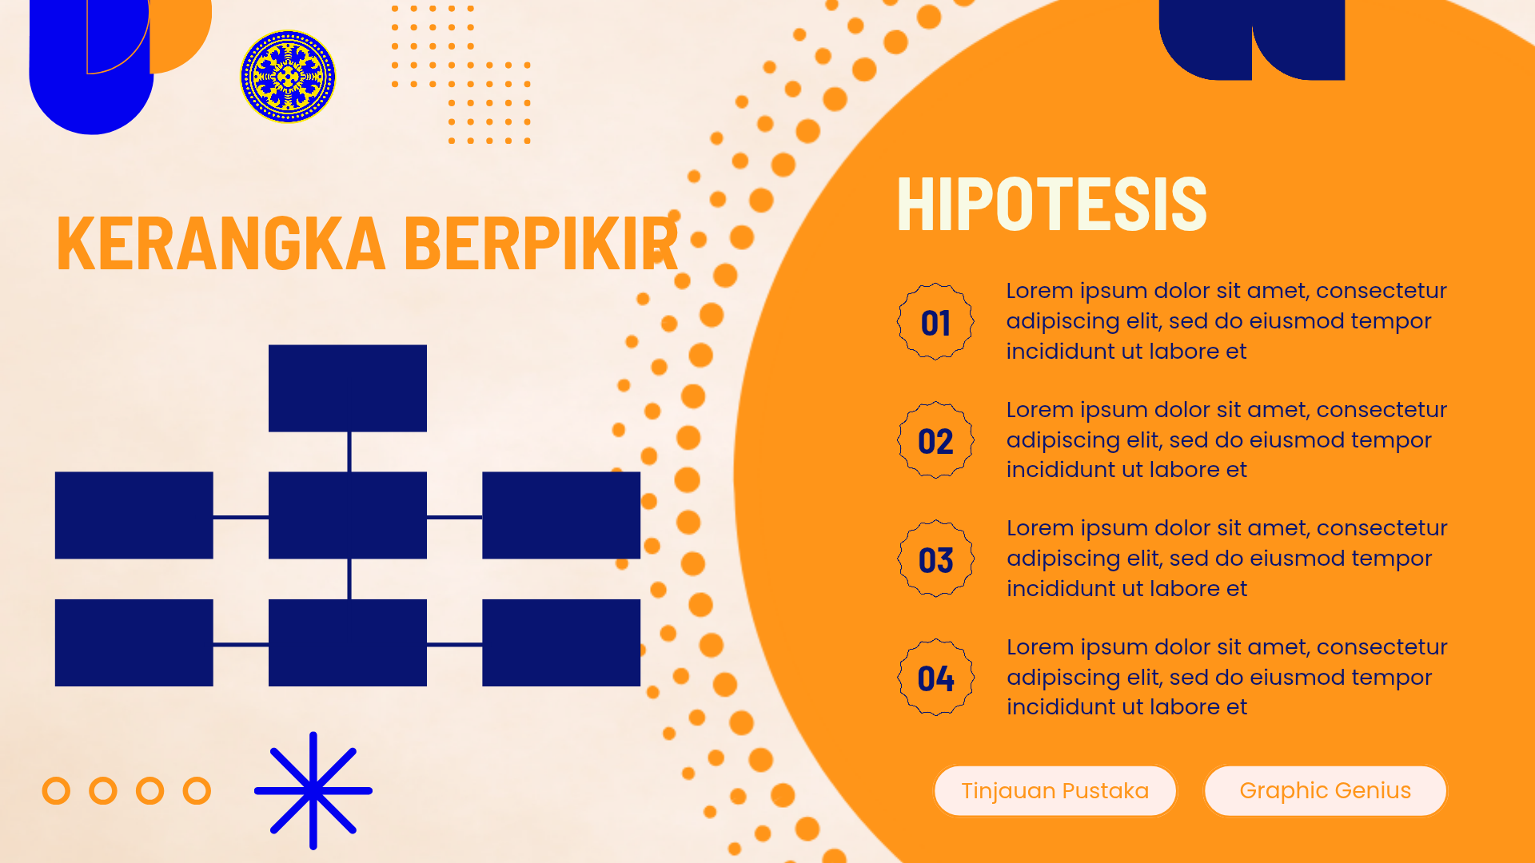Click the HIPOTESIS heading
coord(1051,205)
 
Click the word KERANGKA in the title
coord(221,244)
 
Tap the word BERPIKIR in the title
coord(541,244)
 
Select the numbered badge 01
coord(935,322)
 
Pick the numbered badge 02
coord(935,440)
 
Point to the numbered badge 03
coord(935,559)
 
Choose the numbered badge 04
coord(935,678)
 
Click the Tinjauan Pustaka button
coord(1055,791)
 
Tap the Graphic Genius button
coord(1326,791)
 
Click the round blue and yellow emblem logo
coord(288,77)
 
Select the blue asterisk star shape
coord(313,791)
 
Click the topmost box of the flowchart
coord(348,388)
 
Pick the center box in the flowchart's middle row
coord(348,515)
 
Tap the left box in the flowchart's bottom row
coord(134,642)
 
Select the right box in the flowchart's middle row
coord(561,515)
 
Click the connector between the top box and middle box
coord(349,452)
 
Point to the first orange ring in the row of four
coord(56,791)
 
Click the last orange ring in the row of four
coord(197,791)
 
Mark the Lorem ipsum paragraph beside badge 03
coord(1227,558)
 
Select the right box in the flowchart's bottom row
coord(561,642)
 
